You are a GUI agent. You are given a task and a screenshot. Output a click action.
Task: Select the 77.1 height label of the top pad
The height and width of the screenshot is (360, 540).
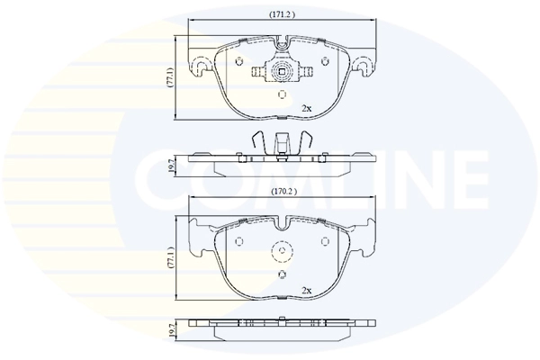tap(168, 78)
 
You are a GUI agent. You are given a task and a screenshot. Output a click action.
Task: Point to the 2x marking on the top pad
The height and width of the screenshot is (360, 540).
tap(306, 108)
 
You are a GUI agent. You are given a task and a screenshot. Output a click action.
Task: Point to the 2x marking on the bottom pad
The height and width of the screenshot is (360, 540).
tap(306, 291)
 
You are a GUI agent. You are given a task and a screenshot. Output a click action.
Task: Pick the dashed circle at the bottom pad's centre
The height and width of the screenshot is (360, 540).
tap(282, 255)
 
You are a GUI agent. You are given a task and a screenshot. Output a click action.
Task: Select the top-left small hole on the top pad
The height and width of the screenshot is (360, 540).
tap(239, 60)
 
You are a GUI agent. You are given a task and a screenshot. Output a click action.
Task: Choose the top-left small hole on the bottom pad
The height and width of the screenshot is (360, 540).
tap(239, 240)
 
